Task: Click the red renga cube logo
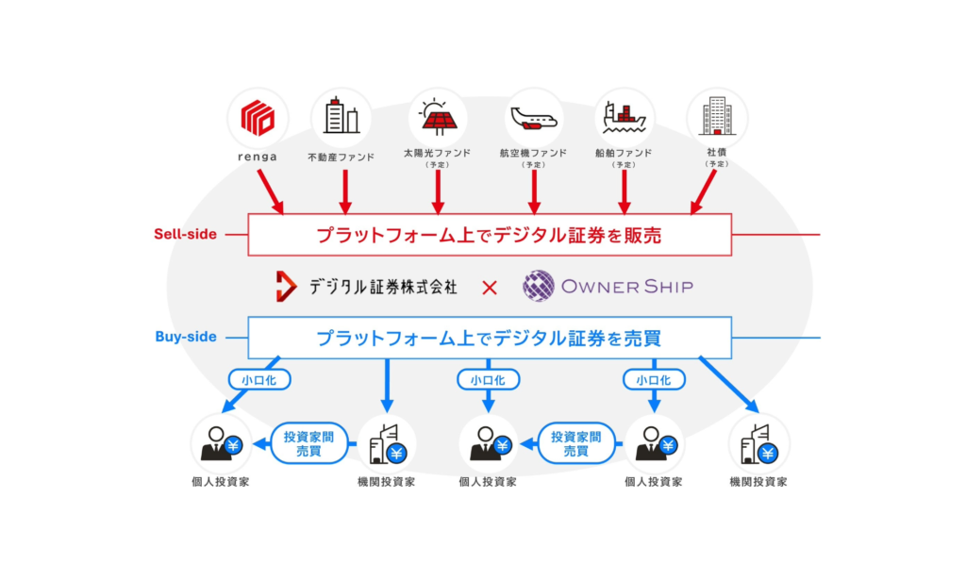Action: (258, 118)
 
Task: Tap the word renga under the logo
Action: (258, 157)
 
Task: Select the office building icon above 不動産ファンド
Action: (341, 115)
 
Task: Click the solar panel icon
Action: (438, 117)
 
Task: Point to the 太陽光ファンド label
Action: (438, 153)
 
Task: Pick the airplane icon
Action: (534, 118)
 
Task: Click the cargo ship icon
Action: (625, 118)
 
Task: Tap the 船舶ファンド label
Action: (624, 153)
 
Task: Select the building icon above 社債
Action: (717, 116)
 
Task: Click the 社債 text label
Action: (717, 152)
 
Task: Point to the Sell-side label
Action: (186, 234)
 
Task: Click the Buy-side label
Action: (186, 337)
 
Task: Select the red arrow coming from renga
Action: (271, 192)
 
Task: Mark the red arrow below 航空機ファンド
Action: (534, 192)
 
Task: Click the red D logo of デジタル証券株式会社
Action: (285, 287)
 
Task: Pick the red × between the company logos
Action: (490, 288)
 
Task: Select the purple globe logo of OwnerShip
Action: (539, 286)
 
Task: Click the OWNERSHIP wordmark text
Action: (627, 287)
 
